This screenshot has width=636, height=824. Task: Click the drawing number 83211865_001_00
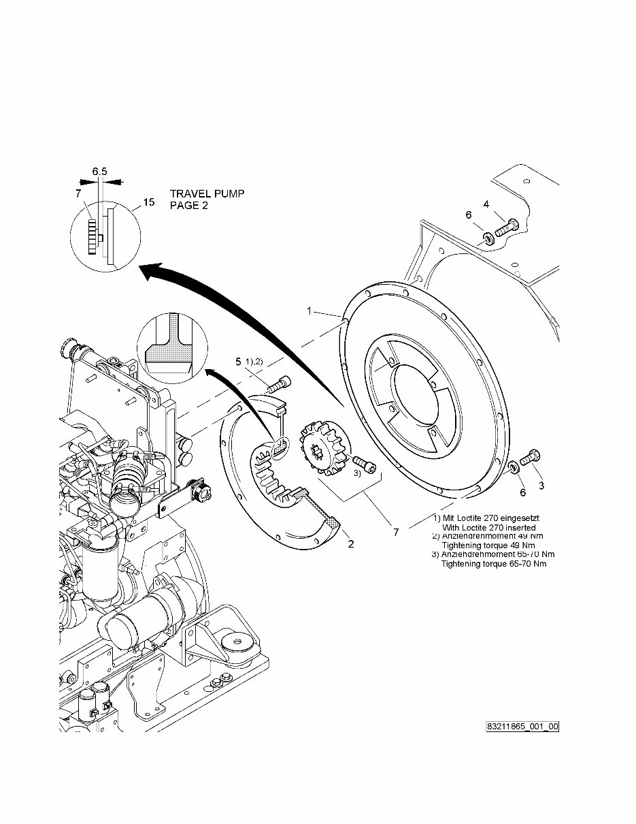522,727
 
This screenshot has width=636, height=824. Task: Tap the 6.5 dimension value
99,172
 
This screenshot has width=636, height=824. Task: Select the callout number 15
149,202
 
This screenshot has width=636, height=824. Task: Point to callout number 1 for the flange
309,311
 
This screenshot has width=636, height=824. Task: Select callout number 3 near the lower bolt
541,485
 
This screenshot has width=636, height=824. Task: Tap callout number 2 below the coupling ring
351,544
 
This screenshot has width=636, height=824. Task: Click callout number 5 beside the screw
238,361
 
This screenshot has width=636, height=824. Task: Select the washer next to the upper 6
488,238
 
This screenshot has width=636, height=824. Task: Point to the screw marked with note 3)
363,465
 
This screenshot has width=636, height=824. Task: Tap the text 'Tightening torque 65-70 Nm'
494,563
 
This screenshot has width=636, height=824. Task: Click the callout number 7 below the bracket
396,533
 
